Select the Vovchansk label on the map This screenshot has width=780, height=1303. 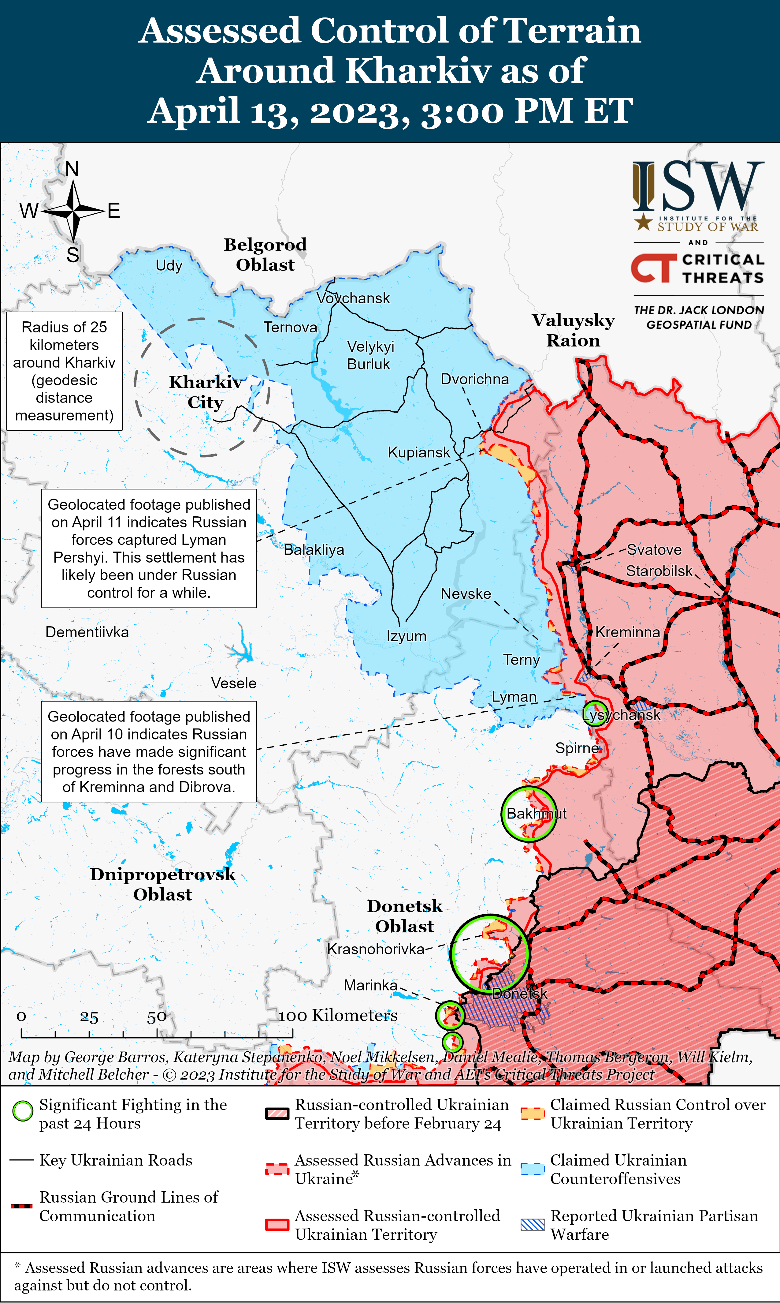[353, 298]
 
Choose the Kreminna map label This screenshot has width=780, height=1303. [628, 632]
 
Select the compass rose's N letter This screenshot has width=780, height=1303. [72, 169]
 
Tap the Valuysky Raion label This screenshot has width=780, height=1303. [573, 330]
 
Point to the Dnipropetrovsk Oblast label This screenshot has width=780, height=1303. [162, 884]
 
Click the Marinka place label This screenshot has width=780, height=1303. [370, 985]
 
